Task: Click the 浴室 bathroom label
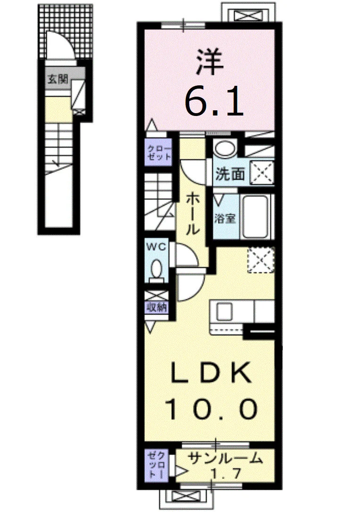225,218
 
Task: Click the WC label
157,247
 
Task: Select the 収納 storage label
157,307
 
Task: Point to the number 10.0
212,410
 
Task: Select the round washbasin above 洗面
225,149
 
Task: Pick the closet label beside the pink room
159,152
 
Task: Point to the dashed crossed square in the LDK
260,260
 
